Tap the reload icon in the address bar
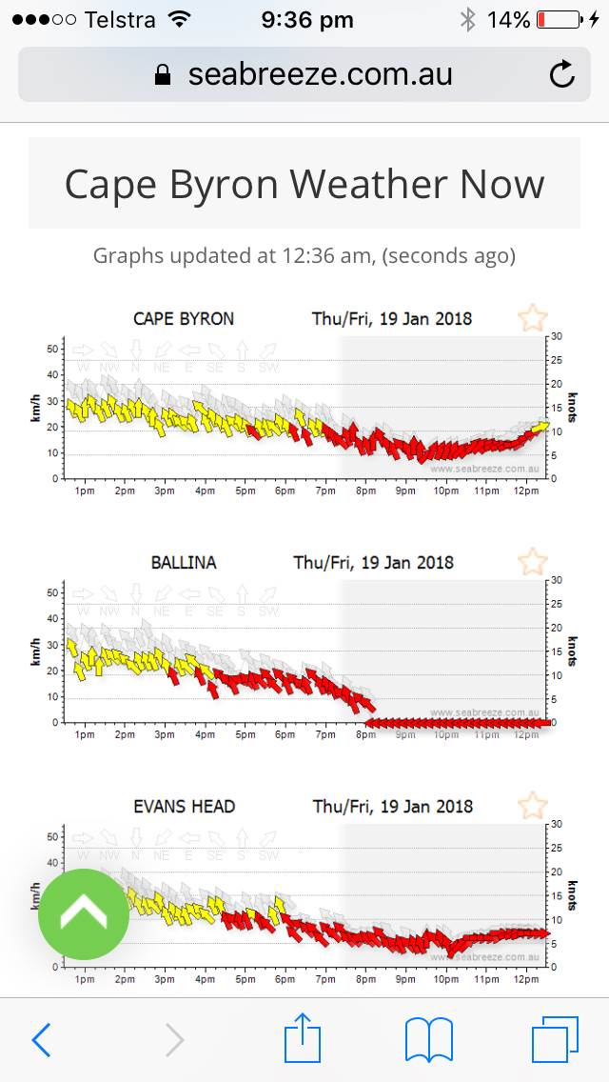click(x=562, y=74)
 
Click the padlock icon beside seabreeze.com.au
click(x=164, y=75)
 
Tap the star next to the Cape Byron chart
click(x=532, y=318)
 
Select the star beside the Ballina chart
click(x=532, y=561)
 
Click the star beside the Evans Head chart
click(x=532, y=805)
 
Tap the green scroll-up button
click(x=84, y=914)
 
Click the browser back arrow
click(x=41, y=1040)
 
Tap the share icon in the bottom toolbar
click(x=304, y=1037)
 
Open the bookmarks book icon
click(x=428, y=1039)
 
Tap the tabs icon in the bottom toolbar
click(x=555, y=1039)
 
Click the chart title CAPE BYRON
click(x=184, y=319)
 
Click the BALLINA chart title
click(x=184, y=563)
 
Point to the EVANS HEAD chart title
click(x=184, y=807)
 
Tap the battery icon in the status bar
click(x=560, y=19)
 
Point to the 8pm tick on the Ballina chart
click(x=365, y=734)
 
